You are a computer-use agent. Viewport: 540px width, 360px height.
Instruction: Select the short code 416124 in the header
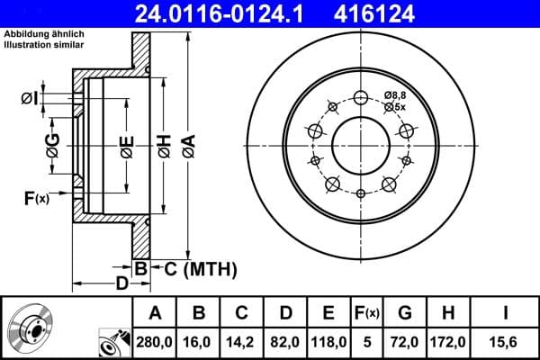(x=413, y=13)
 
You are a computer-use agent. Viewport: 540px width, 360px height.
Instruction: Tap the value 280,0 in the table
(x=154, y=342)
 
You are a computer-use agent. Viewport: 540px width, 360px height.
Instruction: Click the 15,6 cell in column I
(x=507, y=342)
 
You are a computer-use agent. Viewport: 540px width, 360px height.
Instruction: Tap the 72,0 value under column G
(x=405, y=342)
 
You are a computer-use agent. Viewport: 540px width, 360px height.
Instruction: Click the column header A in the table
(x=154, y=313)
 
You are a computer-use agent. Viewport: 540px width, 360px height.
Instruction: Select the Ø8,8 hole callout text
(x=395, y=94)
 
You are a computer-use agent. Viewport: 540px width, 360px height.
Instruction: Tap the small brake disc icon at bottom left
(x=30, y=329)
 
